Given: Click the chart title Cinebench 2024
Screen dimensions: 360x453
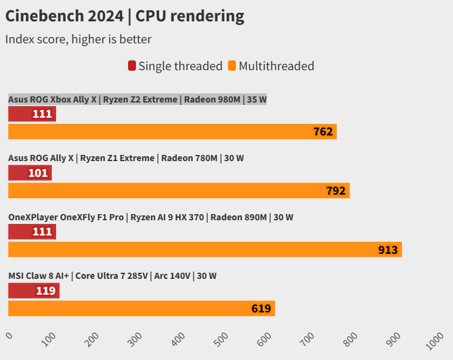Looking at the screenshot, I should [125, 16].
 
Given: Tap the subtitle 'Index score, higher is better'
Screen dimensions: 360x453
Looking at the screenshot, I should [78, 40].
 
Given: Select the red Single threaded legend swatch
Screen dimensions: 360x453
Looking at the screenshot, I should [132, 66].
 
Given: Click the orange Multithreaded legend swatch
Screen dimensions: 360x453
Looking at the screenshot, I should [232, 66].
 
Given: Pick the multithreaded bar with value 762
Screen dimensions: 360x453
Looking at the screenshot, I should [172, 132].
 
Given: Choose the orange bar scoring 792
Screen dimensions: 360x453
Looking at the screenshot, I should [179, 191].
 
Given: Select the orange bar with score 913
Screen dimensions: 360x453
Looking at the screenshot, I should [204, 250].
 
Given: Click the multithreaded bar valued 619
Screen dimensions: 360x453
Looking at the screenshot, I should [141, 308].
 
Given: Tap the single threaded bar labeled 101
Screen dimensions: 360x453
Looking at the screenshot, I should [30, 173].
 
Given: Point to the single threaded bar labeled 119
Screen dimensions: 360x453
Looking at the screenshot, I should [34, 290].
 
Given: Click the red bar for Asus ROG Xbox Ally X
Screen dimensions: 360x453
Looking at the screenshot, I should [32, 113].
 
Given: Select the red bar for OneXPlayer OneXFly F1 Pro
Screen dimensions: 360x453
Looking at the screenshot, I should [32, 232].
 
